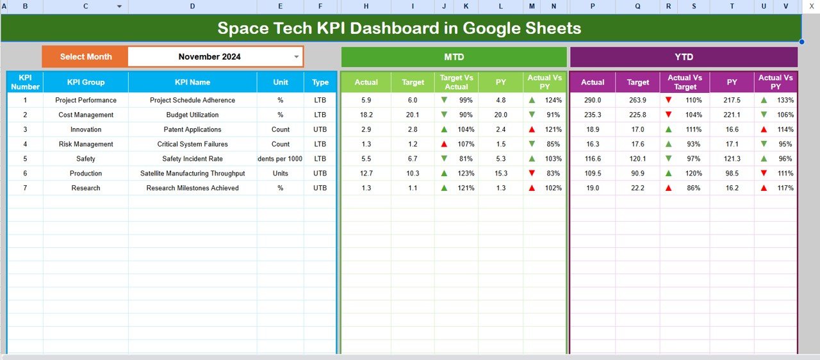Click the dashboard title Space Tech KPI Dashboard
tap(399, 28)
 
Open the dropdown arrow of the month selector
tap(296, 56)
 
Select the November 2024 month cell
tap(209, 56)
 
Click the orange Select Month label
tap(86, 56)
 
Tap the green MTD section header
tap(454, 57)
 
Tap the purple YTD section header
tap(684, 57)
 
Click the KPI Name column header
tap(192, 82)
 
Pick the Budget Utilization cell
tap(192, 115)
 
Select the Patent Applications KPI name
tap(192, 129)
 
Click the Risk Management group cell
tap(86, 144)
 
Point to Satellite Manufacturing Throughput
tap(192, 174)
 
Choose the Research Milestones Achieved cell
tap(192, 188)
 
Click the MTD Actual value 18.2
tap(366, 115)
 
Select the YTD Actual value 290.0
tap(593, 100)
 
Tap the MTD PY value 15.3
tap(500, 174)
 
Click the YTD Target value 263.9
tap(638, 100)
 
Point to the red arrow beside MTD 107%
tap(444, 144)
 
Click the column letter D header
tap(192, 6)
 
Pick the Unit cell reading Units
tap(280, 174)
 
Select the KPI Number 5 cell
tap(25, 159)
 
